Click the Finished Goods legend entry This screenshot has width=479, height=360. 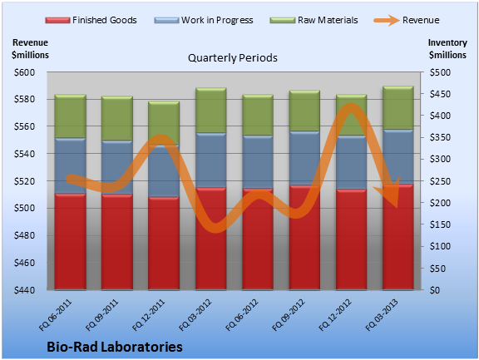point(91,20)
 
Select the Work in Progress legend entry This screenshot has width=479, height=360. point(204,20)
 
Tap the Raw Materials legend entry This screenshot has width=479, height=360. point(314,20)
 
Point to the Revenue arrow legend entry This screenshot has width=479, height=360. point(407,20)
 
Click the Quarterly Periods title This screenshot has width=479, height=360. point(233,57)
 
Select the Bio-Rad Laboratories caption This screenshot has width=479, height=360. point(115,347)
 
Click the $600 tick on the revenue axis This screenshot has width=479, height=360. point(24,72)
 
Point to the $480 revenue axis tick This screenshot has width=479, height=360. point(24,235)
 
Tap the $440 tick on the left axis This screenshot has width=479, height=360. point(24,290)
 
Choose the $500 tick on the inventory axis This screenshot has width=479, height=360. point(440,72)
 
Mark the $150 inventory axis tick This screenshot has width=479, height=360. point(440,224)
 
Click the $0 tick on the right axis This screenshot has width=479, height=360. point(435,290)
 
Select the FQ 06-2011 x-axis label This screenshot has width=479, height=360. point(55,315)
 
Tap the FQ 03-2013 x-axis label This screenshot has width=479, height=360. point(382,315)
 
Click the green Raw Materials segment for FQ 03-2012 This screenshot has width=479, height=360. point(210,111)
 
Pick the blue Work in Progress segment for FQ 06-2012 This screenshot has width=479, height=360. point(258,162)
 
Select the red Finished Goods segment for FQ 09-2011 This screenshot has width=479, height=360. point(117,242)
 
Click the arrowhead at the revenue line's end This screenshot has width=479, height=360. point(390,193)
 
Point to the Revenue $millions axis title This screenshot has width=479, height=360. point(30,49)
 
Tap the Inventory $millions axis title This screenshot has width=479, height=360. point(447,49)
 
